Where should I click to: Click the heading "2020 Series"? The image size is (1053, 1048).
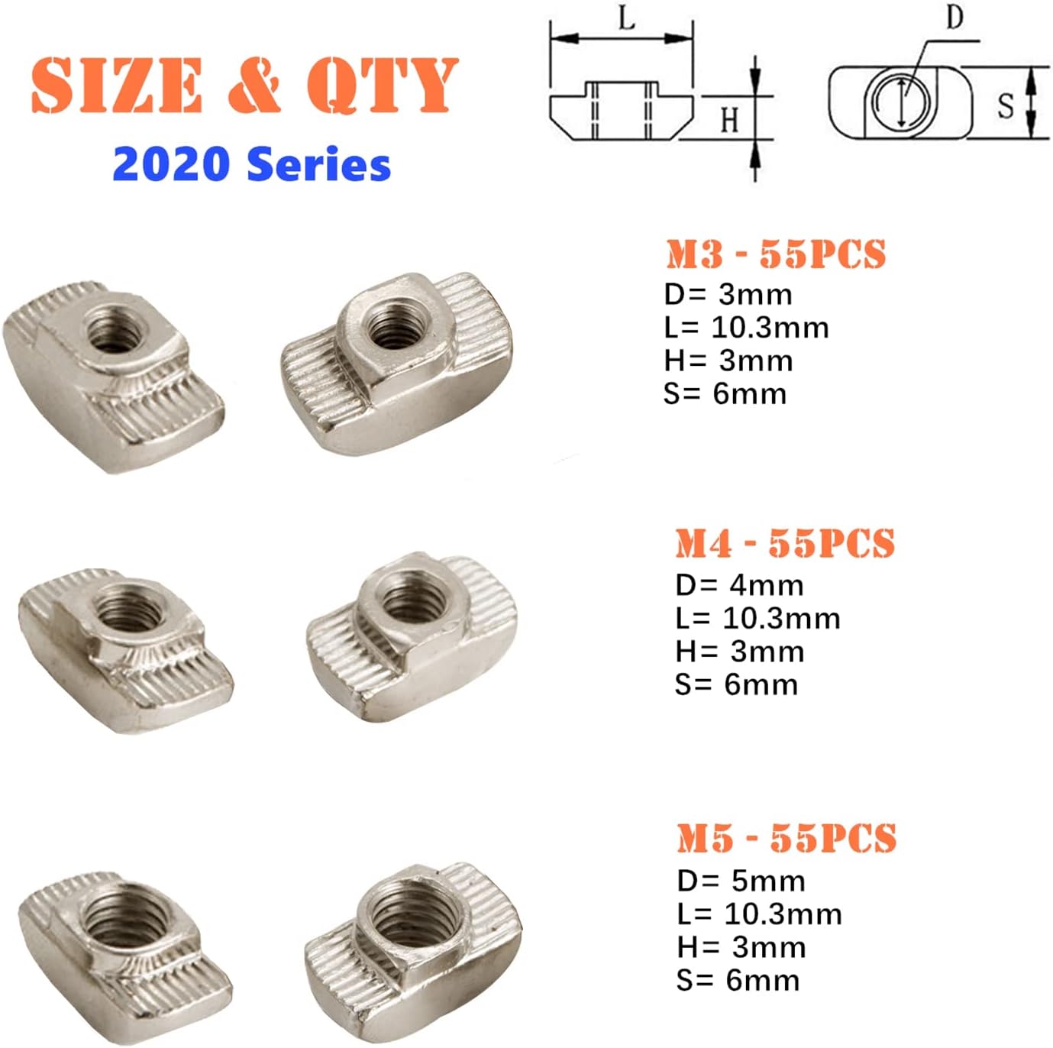[x=251, y=164]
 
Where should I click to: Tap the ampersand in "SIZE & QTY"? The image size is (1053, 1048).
[x=254, y=85]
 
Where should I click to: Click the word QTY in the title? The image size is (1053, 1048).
[x=382, y=85]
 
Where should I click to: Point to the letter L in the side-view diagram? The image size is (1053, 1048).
[x=627, y=18]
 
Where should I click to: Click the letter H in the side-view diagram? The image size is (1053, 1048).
[x=729, y=120]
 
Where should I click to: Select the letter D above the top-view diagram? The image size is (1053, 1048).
[x=954, y=17]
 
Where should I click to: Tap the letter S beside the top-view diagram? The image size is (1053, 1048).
[x=1006, y=105]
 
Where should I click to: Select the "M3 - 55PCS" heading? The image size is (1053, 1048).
[x=776, y=254]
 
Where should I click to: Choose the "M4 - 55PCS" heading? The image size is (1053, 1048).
[x=785, y=543]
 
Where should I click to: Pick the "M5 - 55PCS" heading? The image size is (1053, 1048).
[x=787, y=838]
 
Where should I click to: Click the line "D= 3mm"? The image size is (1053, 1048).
[x=728, y=295]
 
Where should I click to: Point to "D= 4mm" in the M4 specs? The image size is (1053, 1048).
[x=739, y=586]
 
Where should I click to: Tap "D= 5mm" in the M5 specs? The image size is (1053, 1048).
[x=741, y=881]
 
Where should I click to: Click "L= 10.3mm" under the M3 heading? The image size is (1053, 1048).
[x=746, y=328]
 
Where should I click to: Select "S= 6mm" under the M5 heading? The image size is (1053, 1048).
[x=738, y=980]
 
